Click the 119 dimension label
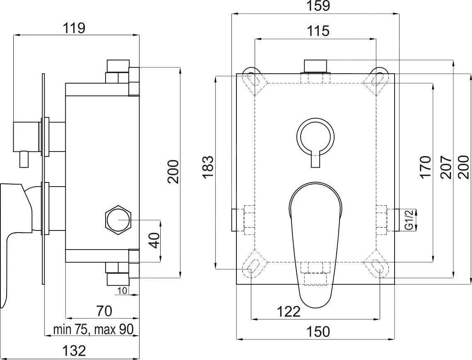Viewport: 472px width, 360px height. point(74,29)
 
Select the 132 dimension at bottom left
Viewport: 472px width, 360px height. point(75,350)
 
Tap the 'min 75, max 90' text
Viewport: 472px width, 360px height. point(93,330)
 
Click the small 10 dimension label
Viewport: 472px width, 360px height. point(122,290)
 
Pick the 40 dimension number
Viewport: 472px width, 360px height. point(154,240)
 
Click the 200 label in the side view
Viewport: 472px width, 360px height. point(173,172)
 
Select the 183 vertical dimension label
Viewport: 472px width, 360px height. point(208,167)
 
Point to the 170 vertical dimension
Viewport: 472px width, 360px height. point(425,167)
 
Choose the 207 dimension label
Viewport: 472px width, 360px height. point(446,167)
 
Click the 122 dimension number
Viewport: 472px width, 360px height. point(289,311)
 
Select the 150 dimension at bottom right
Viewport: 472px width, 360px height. point(319,331)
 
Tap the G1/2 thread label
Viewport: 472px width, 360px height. point(409,220)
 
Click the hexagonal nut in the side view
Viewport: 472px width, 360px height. point(118,219)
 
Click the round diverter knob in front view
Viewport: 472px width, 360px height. point(315,136)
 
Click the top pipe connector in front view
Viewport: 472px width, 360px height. point(315,66)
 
